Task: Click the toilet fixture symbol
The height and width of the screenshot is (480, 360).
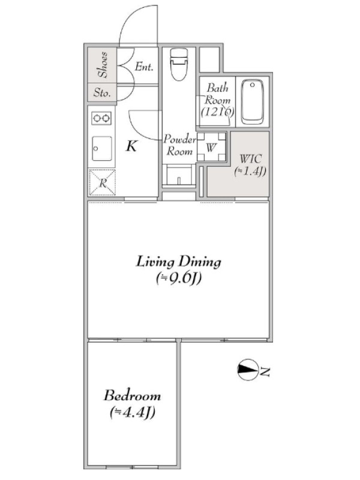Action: (x=179, y=64)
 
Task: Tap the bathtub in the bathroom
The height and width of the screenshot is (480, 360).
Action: (x=252, y=101)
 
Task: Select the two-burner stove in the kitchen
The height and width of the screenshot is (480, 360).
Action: (x=101, y=118)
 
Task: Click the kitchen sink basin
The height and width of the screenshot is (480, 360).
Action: (x=101, y=148)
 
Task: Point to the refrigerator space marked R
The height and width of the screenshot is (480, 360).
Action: (x=102, y=182)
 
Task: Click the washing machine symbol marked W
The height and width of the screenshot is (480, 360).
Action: (x=211, y=147)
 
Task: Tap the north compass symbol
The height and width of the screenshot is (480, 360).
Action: (x=247, y=370)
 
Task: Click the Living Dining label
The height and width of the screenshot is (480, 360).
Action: (x=178, y=262)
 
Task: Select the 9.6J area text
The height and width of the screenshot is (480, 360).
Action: (x=179, y=278)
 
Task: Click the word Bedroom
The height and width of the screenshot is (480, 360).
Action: (x=132, y=395)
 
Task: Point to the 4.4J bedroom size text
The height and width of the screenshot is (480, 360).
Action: (x=133, y=412)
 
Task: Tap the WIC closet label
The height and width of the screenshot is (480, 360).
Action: (x=251, y=158)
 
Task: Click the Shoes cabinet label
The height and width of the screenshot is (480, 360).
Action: (x=103, y=65)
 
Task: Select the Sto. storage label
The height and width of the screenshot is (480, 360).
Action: (x=102, y=92)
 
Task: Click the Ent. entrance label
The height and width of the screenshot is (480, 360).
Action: (x=144, y=67)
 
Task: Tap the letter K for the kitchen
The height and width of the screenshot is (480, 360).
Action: (x=131, y=146)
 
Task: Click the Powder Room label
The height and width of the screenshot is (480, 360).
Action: (x=179, y=145)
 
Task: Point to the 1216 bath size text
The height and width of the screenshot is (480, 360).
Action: (x=218, y=112)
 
